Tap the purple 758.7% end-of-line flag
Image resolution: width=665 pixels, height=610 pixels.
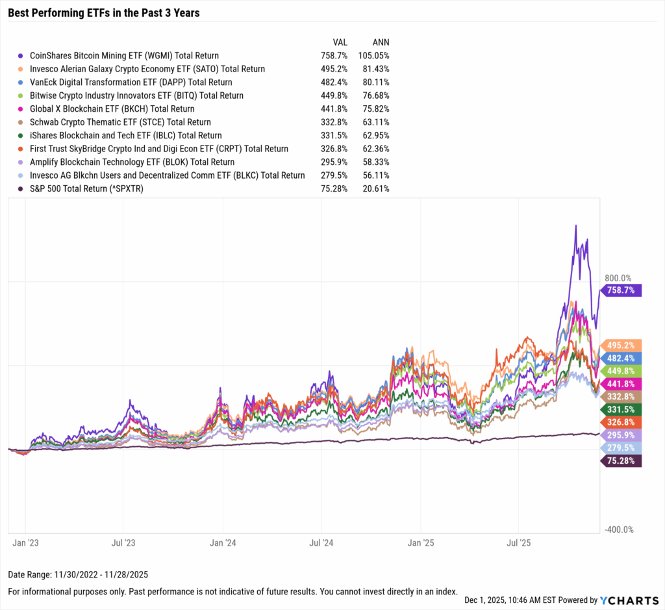(x=622, y=290)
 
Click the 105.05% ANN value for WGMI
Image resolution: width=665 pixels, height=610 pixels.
(x=373, y=56)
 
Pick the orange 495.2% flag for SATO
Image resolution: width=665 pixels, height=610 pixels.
(x=622, y=346)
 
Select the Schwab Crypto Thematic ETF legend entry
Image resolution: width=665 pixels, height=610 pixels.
(x=120, y=122)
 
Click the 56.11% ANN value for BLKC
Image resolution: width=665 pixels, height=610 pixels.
(x=373, y=175)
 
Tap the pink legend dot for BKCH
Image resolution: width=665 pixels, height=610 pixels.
(x=23, y=109)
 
